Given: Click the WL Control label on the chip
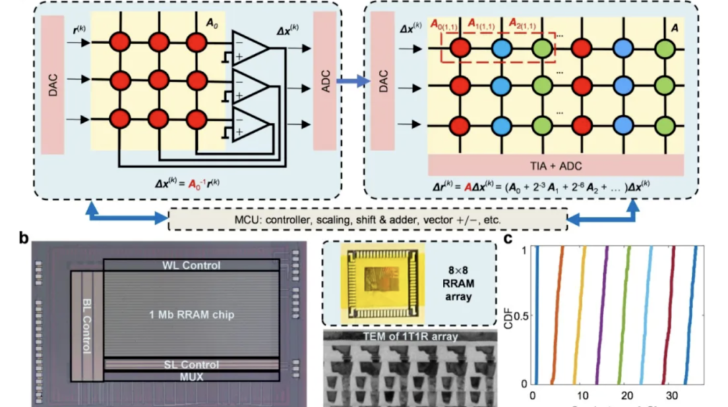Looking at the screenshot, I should tap(191, 265).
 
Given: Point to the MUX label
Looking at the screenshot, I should tap(191, 376).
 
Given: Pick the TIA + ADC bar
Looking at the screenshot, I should tap(555, 164).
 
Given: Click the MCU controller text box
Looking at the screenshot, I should tap(367, 220).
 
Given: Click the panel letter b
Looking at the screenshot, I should tap(24, 238).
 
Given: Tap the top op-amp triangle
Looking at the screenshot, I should tap(249, 48).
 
